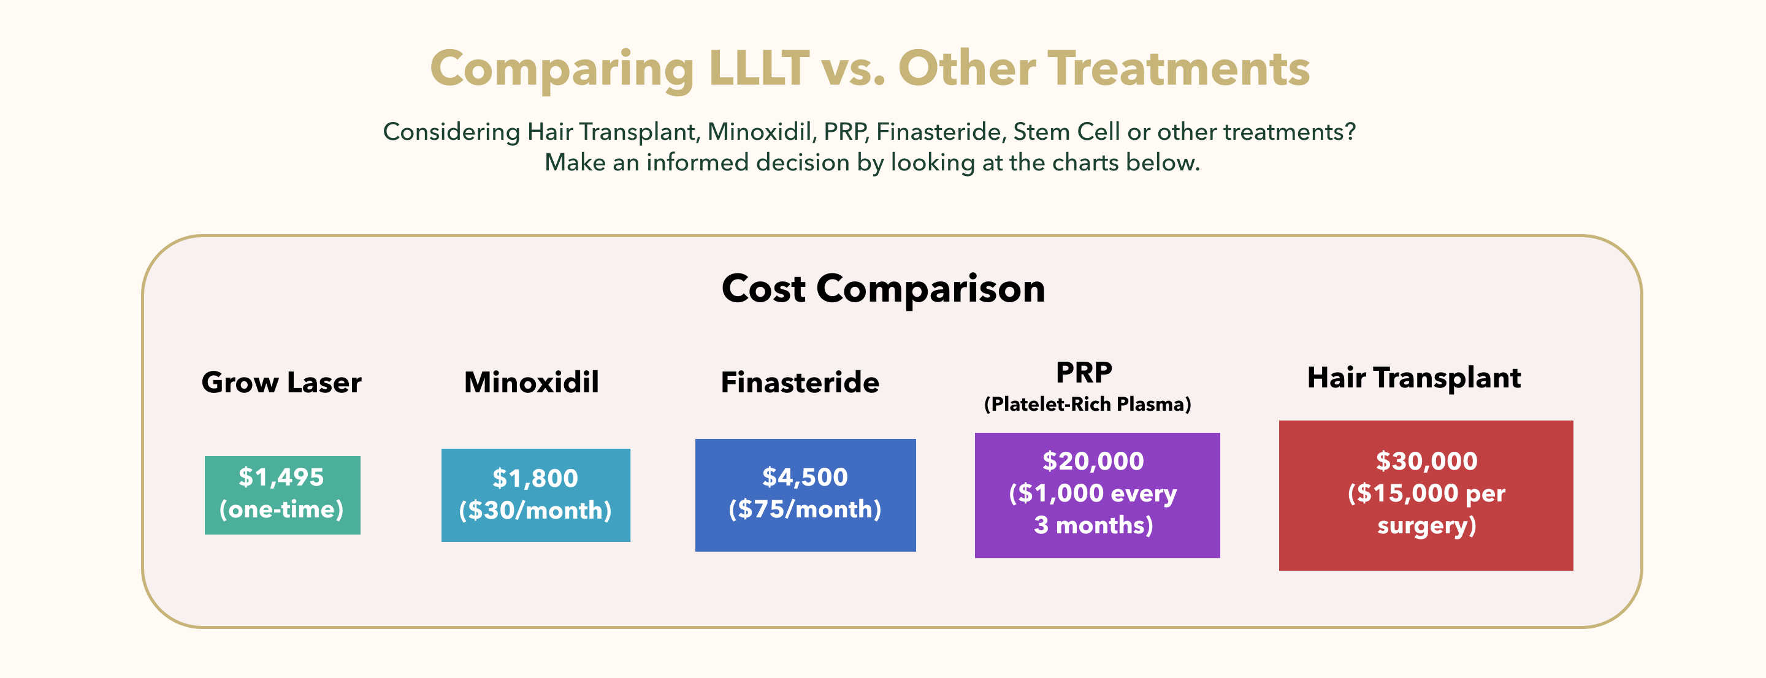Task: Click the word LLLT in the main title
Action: point(759,69)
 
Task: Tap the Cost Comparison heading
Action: point(883,289)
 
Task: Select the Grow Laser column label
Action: point(281,383)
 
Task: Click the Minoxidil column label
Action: point(531,383)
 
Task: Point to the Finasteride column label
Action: point(800,383)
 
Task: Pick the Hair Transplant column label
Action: point(1413,378)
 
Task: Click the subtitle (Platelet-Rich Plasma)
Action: point(1087,405)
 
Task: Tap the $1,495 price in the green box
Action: point(281,477)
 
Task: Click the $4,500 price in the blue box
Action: point(805,477)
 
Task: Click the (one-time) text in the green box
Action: point(281,509)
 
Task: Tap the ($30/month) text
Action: point(535,511)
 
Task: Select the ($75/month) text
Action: point(805,509)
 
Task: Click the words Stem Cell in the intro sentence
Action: point(1067,132)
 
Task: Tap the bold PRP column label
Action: point(1084,373)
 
